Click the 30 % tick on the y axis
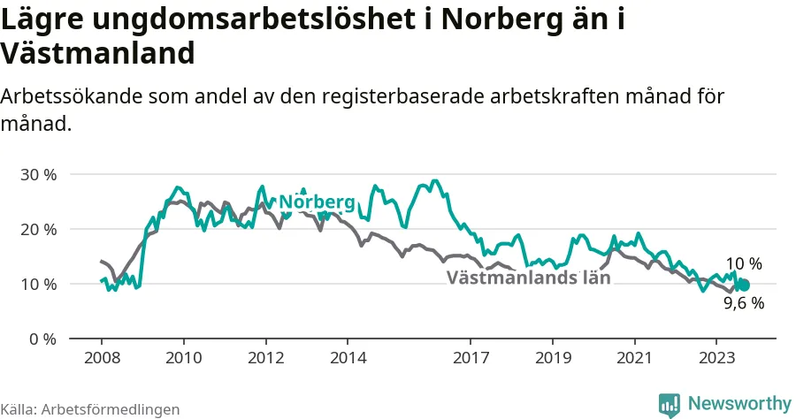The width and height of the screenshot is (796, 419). click(x=39, y=175)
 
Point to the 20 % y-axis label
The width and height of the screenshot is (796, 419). click(x=39, y=230)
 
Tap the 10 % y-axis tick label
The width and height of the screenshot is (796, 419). click(x=39, y=285)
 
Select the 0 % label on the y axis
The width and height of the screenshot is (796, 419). click(x=42, y=339)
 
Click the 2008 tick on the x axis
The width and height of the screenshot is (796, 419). click(x=102, y=358)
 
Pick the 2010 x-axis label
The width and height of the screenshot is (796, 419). click(x=184, y=358)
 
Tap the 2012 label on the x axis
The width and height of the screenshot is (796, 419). click(x=266, y=358)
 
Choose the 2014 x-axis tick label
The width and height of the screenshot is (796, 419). click(x=348, y=358)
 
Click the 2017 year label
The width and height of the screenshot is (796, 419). click(x=471, y=358)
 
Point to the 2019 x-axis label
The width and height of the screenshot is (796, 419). click(x=554, y=358)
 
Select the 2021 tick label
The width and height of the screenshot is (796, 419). click(x=634, y=358)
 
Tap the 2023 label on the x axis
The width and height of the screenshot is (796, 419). click(x=716, y=358)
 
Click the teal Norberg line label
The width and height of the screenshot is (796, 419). click(x=317, y=202)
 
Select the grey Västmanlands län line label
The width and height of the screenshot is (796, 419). click(x=529, y=278)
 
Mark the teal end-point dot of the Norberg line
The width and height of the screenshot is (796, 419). click(x=744, y=286)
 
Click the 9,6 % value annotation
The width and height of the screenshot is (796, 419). click(x=744, y=303)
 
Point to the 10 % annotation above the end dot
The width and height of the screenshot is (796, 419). click(x=744, y=263)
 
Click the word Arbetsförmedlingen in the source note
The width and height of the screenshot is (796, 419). click(x=111, y=409)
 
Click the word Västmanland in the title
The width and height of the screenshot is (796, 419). click(x=97, y=53)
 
